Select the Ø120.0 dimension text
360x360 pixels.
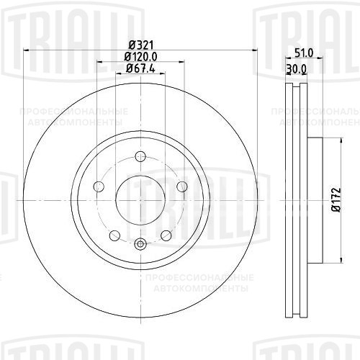(141, 57)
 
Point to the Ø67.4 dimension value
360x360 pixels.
(141, 68)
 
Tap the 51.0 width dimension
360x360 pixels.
(304, 53)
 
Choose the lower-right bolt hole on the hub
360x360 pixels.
(166, 235)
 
